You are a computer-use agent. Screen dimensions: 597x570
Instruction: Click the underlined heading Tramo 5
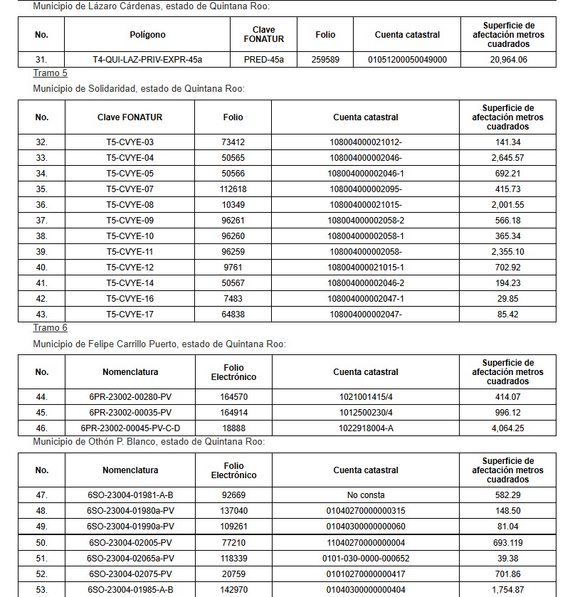(50, 74)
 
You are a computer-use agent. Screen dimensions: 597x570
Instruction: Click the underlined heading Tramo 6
(50, 328)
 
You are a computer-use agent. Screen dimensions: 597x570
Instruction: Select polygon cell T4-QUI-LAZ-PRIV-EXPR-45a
(147, 60)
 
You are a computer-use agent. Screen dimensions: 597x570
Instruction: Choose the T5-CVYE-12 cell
(130, 267)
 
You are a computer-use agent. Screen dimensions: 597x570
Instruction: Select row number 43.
(41, 314)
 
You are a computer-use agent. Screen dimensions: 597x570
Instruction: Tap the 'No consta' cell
(366, 495)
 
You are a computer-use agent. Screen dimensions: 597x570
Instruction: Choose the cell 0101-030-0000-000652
(366, 558)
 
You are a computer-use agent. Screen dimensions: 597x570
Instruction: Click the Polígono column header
(147, 35)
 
